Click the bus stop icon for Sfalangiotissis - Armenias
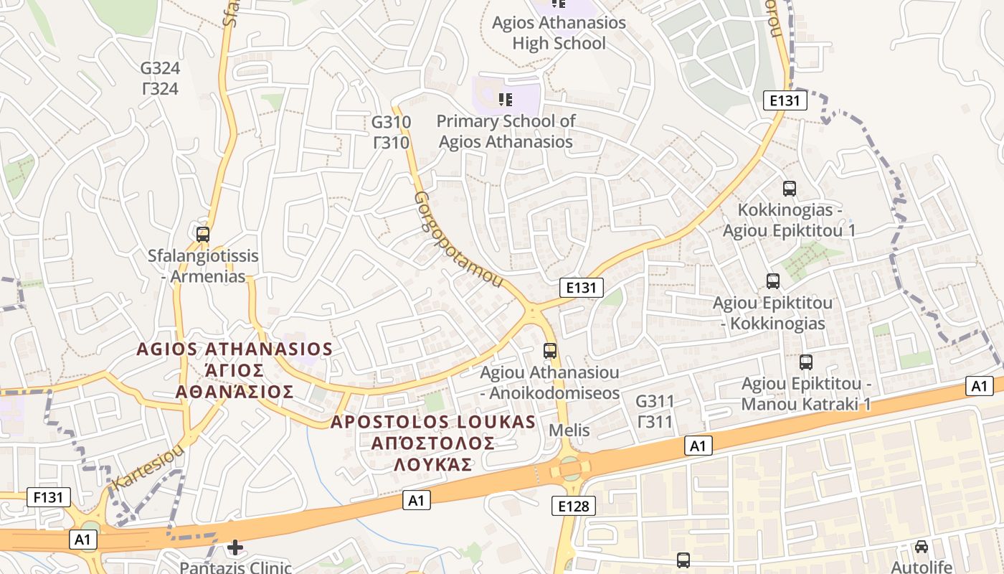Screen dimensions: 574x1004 [203, 234]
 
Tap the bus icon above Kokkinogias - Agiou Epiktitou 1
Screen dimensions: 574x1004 [790, 189]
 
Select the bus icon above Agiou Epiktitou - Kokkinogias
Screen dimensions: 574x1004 [773, 281]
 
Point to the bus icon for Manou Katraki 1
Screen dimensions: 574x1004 [806, 362]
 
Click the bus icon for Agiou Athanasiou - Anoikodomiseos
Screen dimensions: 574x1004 [550, 351]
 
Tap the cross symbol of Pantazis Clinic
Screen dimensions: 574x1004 [235, 548]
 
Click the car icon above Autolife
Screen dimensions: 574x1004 [922, 547]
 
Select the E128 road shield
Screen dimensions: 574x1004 [574, 507]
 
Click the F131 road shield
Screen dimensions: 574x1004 [49, 497]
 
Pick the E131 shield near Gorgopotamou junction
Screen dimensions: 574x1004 [581, 288]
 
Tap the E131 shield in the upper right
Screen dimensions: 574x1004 [785, 100]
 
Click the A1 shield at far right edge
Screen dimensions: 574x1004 [980, 387]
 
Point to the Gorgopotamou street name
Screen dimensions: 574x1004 [458, 239]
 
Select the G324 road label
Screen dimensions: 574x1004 [160, 78]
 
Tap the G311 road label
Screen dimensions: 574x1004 [655, 411]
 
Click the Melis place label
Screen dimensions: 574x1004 [569, 430]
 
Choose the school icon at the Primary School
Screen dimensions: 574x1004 [506, 99]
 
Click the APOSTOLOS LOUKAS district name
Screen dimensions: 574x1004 [432, 443]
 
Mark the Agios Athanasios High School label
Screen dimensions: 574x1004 [559, 33]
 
